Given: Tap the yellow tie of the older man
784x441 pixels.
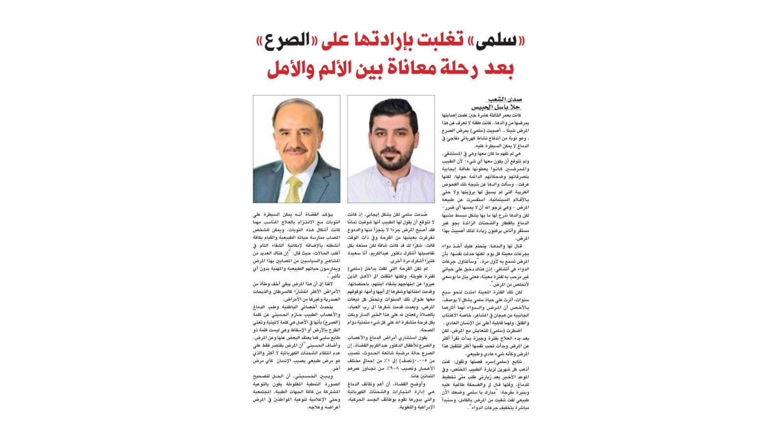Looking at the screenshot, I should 294,189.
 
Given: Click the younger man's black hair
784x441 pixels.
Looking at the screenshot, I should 391,110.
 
